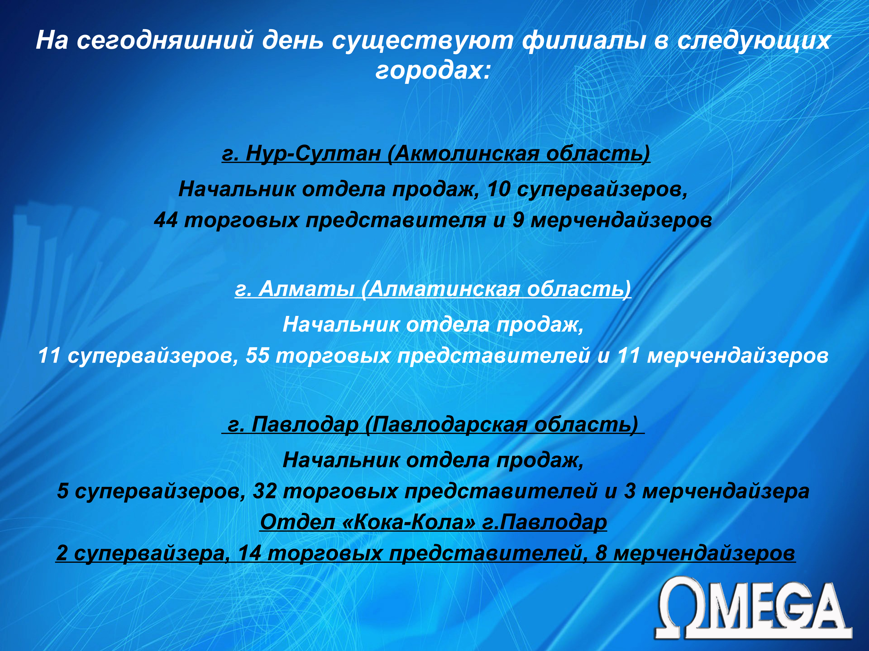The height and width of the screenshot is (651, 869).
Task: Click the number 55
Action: click(x=258, y=356)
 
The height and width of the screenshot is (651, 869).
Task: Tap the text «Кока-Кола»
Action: click(x=409, y=522)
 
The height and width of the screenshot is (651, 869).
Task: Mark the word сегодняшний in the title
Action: click(x=165, y=40)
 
